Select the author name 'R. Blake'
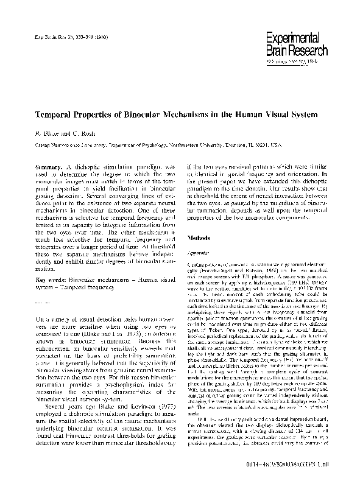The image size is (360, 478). pos(42,133)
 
